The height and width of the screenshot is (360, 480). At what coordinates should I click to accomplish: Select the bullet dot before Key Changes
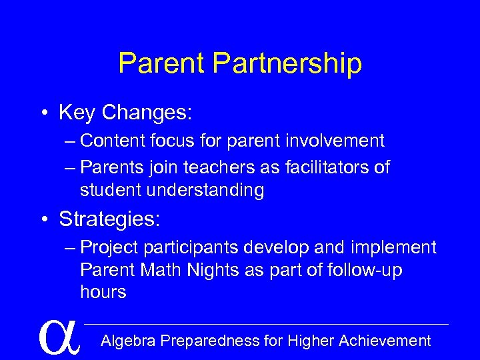pos(45,113)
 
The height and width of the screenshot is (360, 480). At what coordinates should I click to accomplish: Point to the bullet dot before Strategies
pos(45,219)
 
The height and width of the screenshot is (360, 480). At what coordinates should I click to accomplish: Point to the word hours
pos(103,293)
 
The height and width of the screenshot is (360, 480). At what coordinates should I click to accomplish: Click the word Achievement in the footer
pos(385,341)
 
